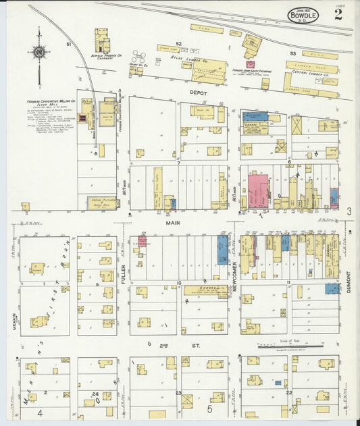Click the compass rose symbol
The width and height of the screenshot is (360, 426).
[x=39, y=52]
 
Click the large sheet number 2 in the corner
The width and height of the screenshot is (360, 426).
[x=337, y=16]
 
